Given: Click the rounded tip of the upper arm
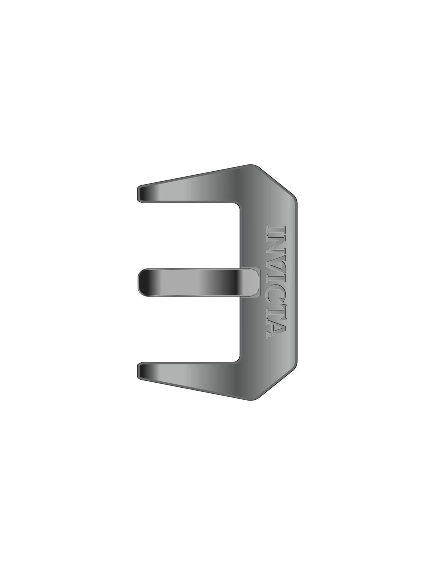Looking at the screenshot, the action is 140,194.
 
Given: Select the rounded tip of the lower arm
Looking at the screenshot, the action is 140,371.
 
